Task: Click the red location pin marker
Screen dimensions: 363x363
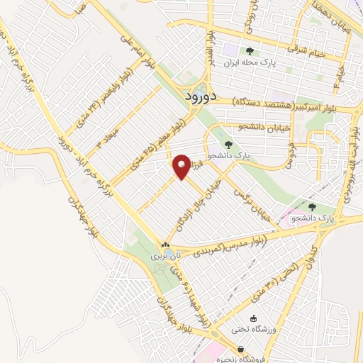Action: (183, 167)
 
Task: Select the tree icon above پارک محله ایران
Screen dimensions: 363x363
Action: (249, 51)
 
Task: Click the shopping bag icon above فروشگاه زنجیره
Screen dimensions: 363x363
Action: (242, 350)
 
